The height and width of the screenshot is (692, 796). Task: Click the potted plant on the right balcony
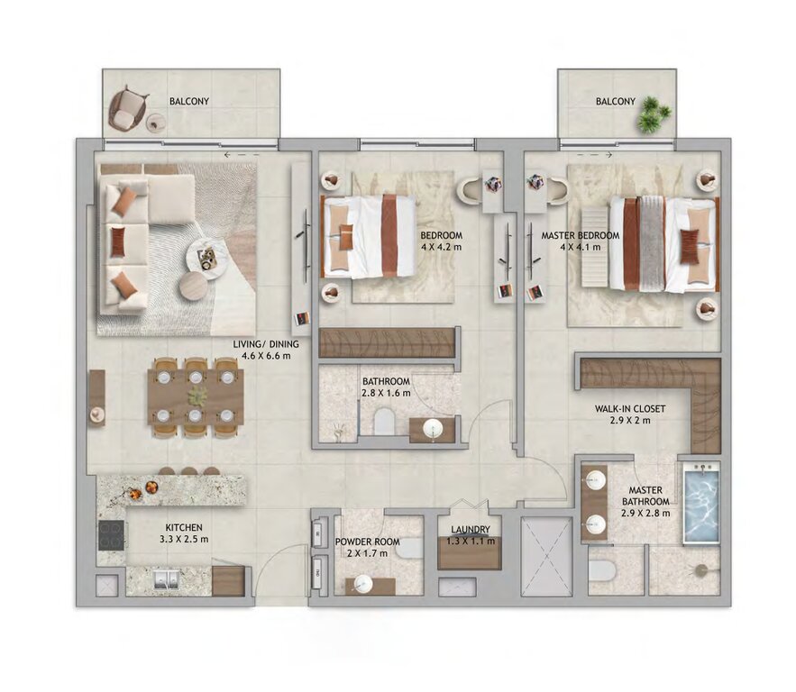[x=653, y=114]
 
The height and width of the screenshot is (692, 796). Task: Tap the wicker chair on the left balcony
[x=126, y=111]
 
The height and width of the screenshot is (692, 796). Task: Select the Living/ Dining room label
[x=266, y=344]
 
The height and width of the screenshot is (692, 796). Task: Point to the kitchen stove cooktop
[x=112, y=536]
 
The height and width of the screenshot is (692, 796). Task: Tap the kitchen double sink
[x=166, y=578]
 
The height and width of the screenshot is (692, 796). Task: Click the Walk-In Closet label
[x=629, y=408]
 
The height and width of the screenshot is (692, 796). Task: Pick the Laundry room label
[x=470, y=530]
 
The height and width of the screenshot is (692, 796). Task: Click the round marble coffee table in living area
[x=206, y=259]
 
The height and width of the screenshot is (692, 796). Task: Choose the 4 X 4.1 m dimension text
[x=581, y=247]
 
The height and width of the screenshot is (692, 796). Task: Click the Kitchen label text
[x=184, y=528]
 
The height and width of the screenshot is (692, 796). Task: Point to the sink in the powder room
[x=364, y=585]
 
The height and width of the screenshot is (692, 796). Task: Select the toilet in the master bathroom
[x=601, y=571]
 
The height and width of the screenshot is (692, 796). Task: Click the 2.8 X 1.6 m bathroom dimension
[x=387, y=393]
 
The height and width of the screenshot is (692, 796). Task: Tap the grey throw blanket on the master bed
[x=651, y=244]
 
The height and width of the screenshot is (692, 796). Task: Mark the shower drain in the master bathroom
[x=702, y=569]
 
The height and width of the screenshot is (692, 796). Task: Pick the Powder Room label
[x=367, y=542]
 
